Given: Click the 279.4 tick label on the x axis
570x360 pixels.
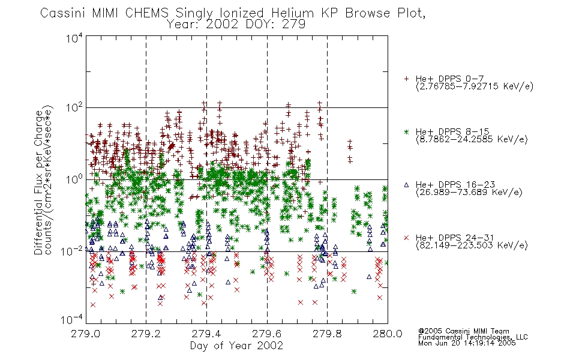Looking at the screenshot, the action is [206, 334].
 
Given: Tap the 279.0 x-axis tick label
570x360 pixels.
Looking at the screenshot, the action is [85, 334].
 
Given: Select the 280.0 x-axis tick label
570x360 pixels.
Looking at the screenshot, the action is [388, 334].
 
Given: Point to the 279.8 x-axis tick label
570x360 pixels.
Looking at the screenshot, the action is [327, 334].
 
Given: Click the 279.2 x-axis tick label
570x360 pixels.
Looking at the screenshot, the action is [146, 334].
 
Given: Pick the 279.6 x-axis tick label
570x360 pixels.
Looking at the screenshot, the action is [267, 334].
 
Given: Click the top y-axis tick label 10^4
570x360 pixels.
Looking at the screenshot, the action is [74, 38].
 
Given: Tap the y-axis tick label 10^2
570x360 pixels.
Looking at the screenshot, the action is [74, 108].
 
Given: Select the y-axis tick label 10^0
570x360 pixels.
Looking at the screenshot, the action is [74, 179].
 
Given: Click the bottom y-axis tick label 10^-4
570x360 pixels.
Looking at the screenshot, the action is [72, 319].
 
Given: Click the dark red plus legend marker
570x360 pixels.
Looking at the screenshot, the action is [406, 79].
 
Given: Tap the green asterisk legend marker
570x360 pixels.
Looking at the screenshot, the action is [406, 131].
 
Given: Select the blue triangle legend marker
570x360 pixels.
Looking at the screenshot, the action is [406, 185].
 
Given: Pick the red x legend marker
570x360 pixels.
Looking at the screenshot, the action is [406, 238].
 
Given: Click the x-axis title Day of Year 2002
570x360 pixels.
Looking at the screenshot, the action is [236, 346].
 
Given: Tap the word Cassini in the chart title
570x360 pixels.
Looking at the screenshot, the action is [62, 13].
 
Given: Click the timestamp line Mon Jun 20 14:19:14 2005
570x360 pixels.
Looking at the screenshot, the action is [467, 343].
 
